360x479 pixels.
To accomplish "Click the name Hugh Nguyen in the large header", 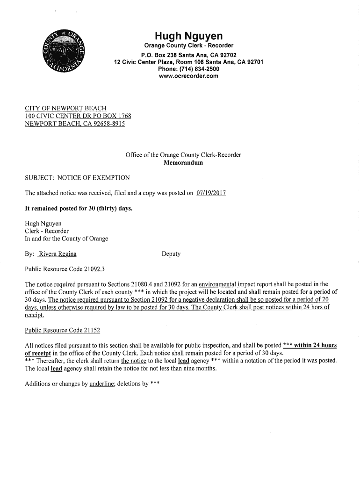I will click(189, 36).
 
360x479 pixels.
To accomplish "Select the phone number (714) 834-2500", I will click(200, 69).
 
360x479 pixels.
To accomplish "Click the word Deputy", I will click(171, 254).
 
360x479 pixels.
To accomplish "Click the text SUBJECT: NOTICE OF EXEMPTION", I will click(77, 178).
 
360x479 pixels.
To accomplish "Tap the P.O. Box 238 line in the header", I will click(189, 55).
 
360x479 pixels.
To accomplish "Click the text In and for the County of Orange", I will click(66, 239).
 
